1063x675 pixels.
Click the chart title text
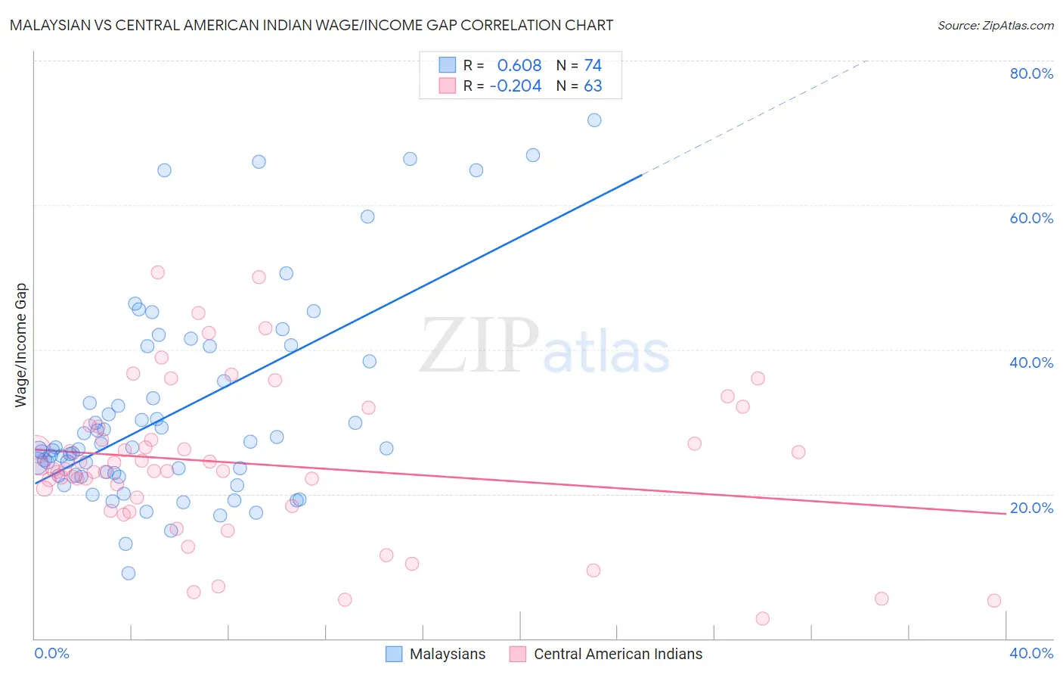click(311, 25)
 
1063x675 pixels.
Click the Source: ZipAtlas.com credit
click(995, 25)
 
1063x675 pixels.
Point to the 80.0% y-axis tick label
click(1031, 73)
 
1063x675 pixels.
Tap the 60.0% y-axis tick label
click(1031, 218)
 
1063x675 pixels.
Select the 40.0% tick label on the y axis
click(1031, 362)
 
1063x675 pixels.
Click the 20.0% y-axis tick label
click(1031, 508)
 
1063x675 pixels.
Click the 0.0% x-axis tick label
click(51, 653)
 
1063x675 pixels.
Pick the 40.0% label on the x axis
click(1031, 653)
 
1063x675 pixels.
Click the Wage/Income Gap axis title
click(21, 345)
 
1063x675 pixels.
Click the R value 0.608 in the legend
click(519, 66)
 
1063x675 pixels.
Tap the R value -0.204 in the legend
click(516, 86)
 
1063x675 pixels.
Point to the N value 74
click(593, 66)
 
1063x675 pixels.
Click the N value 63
click(593, 86)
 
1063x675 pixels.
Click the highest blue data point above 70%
click(594, 120)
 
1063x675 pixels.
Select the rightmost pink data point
click(994, 601)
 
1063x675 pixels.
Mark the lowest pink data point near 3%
click(762, 619)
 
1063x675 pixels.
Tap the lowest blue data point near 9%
click(129, 574)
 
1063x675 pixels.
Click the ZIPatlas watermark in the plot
click(544, 347)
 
